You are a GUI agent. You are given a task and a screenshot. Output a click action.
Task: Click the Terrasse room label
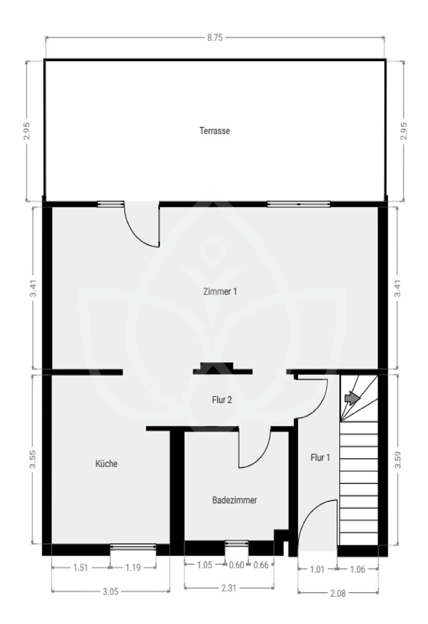tap(215, 131)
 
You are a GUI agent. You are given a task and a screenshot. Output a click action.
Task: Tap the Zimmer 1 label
tap(220, 291)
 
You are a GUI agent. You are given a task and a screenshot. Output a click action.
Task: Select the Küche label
tap(106, 463)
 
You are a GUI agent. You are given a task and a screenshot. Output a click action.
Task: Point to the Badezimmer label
tap(234, 500)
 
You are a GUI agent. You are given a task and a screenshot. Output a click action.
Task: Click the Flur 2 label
tap(222, 400)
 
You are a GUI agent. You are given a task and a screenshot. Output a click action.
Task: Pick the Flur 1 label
tap(320, 457)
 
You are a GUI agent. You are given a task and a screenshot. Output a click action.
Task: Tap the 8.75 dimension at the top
tap(215, 37)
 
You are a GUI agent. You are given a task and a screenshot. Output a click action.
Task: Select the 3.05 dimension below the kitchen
tap(110, 591)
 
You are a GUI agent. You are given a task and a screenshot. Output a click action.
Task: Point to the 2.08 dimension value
tap(338, 593)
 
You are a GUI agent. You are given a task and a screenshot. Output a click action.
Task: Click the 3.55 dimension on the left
tap(33, 459)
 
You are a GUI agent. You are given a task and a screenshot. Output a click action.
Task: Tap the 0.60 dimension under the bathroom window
tap(236, 565)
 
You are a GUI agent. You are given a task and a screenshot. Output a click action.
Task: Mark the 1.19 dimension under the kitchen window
tap(133, 567)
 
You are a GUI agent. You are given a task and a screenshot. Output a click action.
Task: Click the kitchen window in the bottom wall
tap(133, 548)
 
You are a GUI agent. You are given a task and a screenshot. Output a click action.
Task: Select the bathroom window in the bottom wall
tap(236, 543)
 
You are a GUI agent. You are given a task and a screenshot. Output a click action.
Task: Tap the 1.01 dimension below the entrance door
tap(317, 569)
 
